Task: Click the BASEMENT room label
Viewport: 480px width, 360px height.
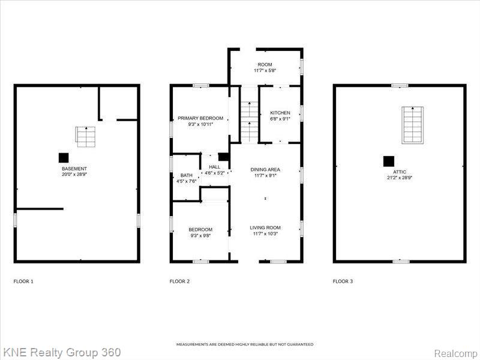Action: click(x=74, y=169)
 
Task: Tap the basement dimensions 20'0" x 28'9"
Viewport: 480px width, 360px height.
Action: click(x=74, y=175)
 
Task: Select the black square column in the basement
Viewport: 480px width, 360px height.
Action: click(x=64, y=158)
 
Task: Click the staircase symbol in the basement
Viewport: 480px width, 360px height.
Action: click(x=85, y=137)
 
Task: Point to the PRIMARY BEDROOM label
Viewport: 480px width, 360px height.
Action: click(x=200, y=118)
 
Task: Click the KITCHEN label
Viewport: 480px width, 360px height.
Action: click(x=280, y=113)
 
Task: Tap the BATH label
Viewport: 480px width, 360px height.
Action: click(x=187, y=175)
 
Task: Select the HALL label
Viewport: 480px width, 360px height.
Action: click(x=215, y=167)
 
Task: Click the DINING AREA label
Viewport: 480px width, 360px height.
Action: click(x=265, y=170)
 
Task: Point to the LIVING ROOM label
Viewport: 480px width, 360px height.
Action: click(x=265, y=228)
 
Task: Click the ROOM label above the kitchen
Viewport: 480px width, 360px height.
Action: click(x=265, y=65)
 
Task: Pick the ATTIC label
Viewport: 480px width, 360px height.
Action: click(x=400, y=172)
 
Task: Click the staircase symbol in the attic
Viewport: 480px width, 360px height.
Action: click(x=413, y=125)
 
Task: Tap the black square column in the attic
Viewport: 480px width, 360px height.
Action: click(x=389, y=161)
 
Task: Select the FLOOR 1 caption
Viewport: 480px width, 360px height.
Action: click(x=23, y=281)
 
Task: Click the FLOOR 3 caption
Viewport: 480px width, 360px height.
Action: click(x=343, y=281)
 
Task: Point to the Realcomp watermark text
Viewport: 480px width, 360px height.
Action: click(x=455, y=353)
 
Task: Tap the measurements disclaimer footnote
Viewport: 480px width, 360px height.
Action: click(x=245, y=344)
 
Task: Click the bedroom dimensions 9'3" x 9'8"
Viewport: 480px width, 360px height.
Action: click(x=200, y=236)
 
